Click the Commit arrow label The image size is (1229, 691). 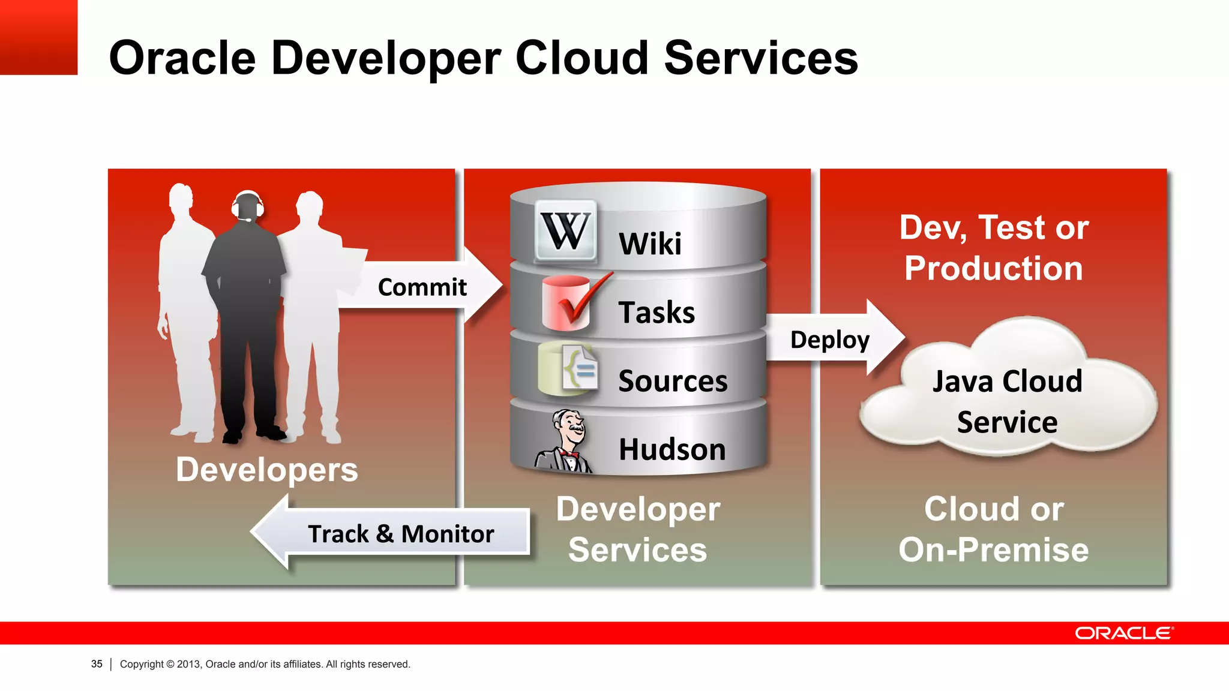pyautogui.click(x=422, y=287)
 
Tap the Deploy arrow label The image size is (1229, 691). pyautogui.click(x=829, y=340)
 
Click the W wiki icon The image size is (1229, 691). pyautogui.click(x=565, y=231)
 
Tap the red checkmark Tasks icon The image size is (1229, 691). pyautogui.click(x=570, y=302)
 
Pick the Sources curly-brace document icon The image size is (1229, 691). pyautogui.click(x=570, y=370)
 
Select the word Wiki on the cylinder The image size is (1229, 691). pyautogui.click(x=650, y=244)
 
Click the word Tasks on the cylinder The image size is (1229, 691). pyautogui.click(x=657, y=313)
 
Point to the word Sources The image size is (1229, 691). pyautogui.click(x=673, y=381)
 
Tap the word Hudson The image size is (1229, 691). pyautogui.click(x=672, y=450)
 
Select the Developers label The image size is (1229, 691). pyautogui.click(x=266, y=470)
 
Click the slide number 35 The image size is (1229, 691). pyautogui.click(x=97, y=664)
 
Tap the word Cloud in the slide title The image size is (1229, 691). pyautogui.click(x=581, y=58)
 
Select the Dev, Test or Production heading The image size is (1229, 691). pyautogui.click(x=994, y=247)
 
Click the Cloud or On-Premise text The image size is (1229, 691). pyautogui.click(x=994, y=529)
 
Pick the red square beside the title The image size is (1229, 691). pyautogui.click(x=38, y=37)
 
